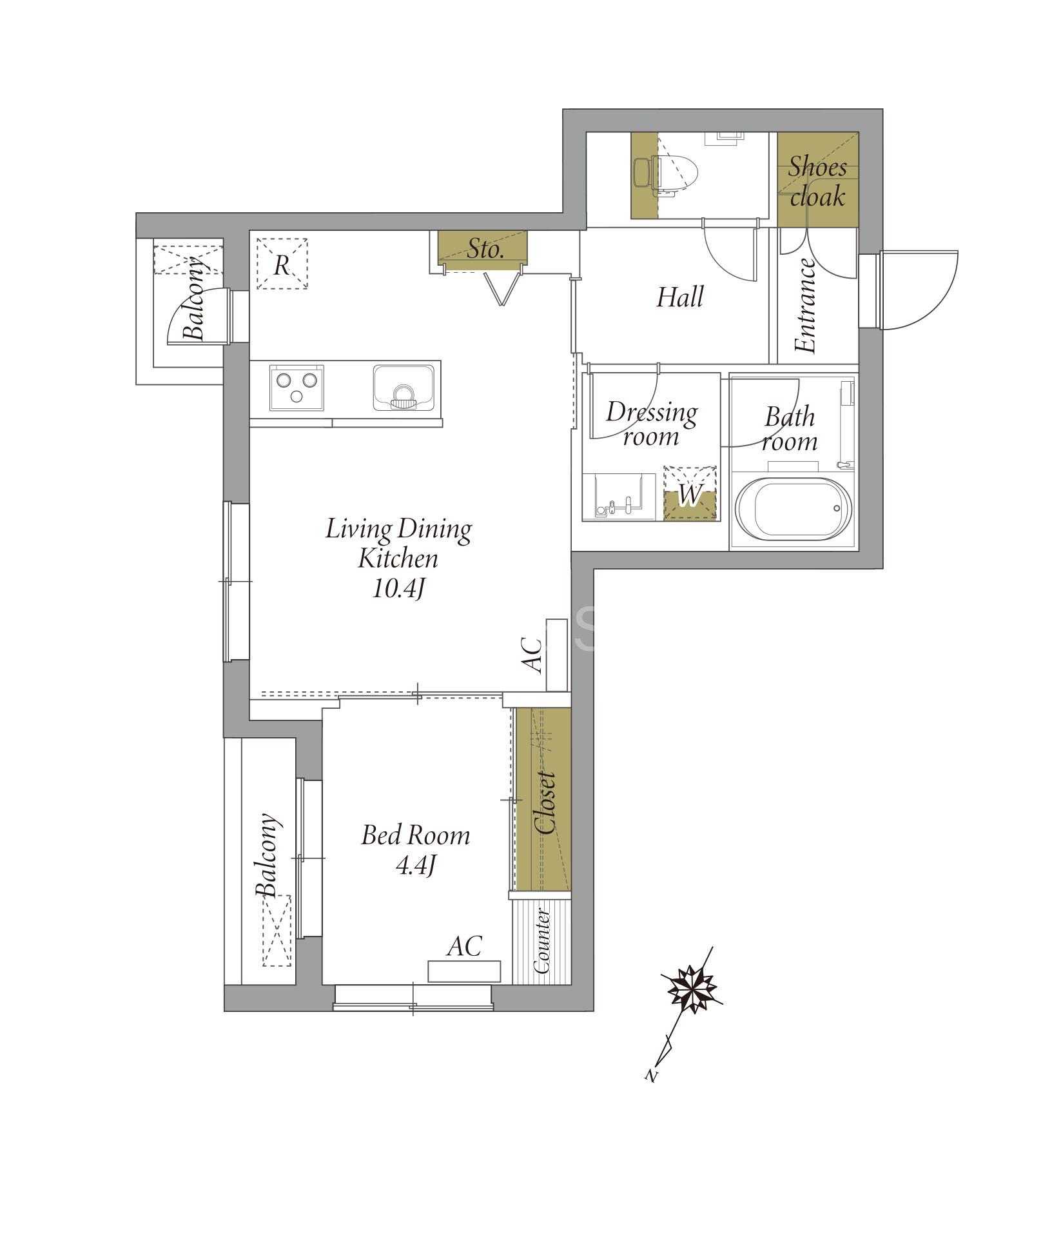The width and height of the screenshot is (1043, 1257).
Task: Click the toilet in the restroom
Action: (667, 173)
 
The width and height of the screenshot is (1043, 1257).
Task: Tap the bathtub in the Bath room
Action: (792, 509)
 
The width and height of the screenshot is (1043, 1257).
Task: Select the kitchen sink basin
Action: (404, 388)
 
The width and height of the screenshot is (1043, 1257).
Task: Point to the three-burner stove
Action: (297, 388)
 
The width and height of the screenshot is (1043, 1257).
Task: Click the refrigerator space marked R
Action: (282, 264)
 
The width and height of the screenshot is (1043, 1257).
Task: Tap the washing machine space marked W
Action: (690, 493)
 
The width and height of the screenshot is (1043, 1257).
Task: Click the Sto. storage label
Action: (485, 249)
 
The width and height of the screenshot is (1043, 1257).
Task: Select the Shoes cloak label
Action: (817, 182)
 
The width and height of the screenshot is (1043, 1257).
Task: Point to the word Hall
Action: (679, 297)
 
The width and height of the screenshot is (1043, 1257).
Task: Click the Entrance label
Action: (806, 306)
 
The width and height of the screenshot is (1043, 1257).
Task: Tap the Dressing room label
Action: (652, 424)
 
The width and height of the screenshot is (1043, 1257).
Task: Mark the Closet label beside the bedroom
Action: (545, 803)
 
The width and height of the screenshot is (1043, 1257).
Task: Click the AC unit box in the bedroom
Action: (465, 971)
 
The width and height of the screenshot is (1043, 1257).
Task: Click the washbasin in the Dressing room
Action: (619, 496)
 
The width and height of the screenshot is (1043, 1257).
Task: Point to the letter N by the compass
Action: (652, 1075)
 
